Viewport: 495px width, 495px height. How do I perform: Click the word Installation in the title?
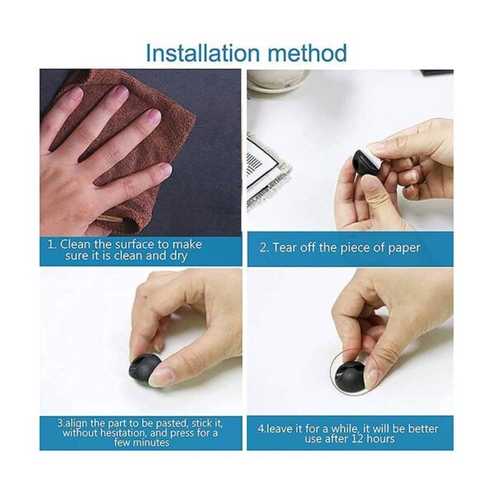point(202,53)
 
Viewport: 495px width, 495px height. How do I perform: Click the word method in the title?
point(307,53)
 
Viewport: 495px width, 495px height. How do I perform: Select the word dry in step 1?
point(179,256)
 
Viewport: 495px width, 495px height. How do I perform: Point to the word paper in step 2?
point(404,248)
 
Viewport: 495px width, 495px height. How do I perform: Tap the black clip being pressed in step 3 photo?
point(144,370)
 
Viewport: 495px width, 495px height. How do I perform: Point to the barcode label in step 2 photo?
point(265,168)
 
